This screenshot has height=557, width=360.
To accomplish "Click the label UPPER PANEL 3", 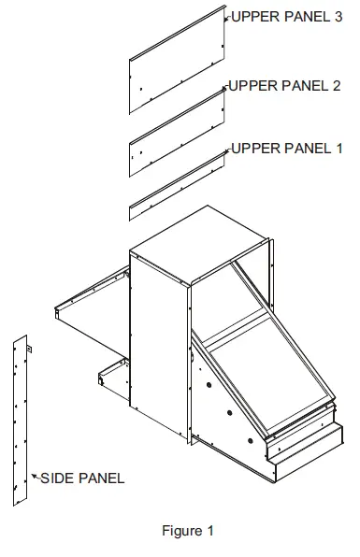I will click(286, 17).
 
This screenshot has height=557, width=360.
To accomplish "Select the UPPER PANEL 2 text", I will click(286, 86).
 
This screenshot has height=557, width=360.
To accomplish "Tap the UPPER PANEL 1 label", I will click(286, 150).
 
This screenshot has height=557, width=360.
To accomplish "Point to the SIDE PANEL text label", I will click(81, 478).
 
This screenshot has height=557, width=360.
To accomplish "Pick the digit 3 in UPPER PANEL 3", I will click(338, 17).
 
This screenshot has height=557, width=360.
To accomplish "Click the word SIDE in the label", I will click(54, 478).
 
